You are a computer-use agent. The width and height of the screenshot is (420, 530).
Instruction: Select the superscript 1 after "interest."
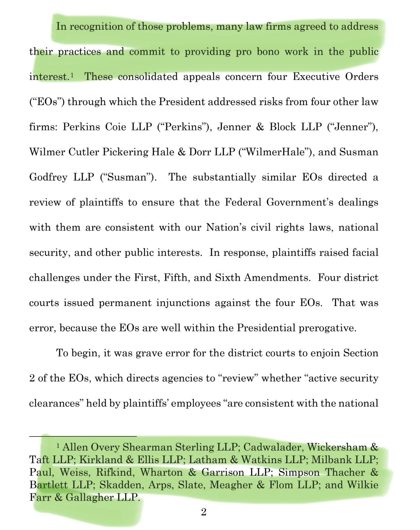pyautogui.click(x=72, y=75)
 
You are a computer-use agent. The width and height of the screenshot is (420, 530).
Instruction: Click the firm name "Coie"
pyautogui.click(x=115, y=127)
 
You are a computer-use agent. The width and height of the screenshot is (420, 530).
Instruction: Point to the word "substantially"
pyautogui.click(x=224, y=177)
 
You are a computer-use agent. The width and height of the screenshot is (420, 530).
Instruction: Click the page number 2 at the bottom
pyautogui.click(x=204, y=512)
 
